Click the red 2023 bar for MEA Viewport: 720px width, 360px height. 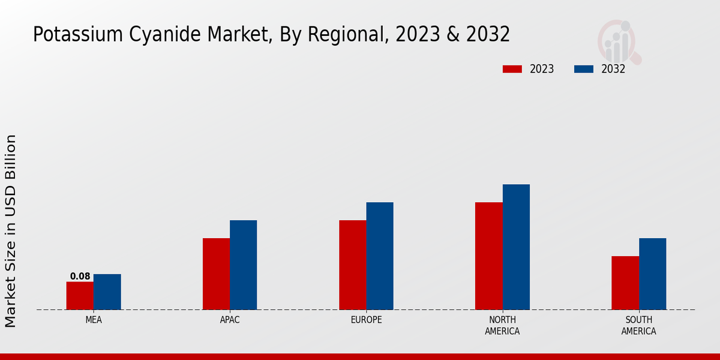coord(80,296)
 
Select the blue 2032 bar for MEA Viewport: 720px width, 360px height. coord(107,292)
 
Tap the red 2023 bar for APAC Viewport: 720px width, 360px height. coord(216,274)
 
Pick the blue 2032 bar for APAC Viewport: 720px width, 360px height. coord(243,265)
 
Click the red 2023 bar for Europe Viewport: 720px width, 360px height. coord(352,265)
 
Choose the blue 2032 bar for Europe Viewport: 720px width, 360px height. coord(380,256)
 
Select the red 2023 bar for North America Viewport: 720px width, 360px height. coord(488,256)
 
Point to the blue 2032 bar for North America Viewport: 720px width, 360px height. coord(516,247)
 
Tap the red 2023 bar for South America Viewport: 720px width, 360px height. coord(625,283)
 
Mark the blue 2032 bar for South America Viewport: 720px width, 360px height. coord(652,274)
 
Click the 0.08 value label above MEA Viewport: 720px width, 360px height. coord(80,277)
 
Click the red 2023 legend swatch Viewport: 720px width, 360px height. coord(512,69)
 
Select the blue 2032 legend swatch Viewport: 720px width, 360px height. coord(583,69)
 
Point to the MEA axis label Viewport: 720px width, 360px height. coord(94,320)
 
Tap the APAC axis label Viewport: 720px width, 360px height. coord(230,320)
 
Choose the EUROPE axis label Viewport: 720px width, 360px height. coord(366,320)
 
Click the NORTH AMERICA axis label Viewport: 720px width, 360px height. coord(502,325)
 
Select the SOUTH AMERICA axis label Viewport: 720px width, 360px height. coord(638,325)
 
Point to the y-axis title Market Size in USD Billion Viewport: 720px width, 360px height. coord(11,231)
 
